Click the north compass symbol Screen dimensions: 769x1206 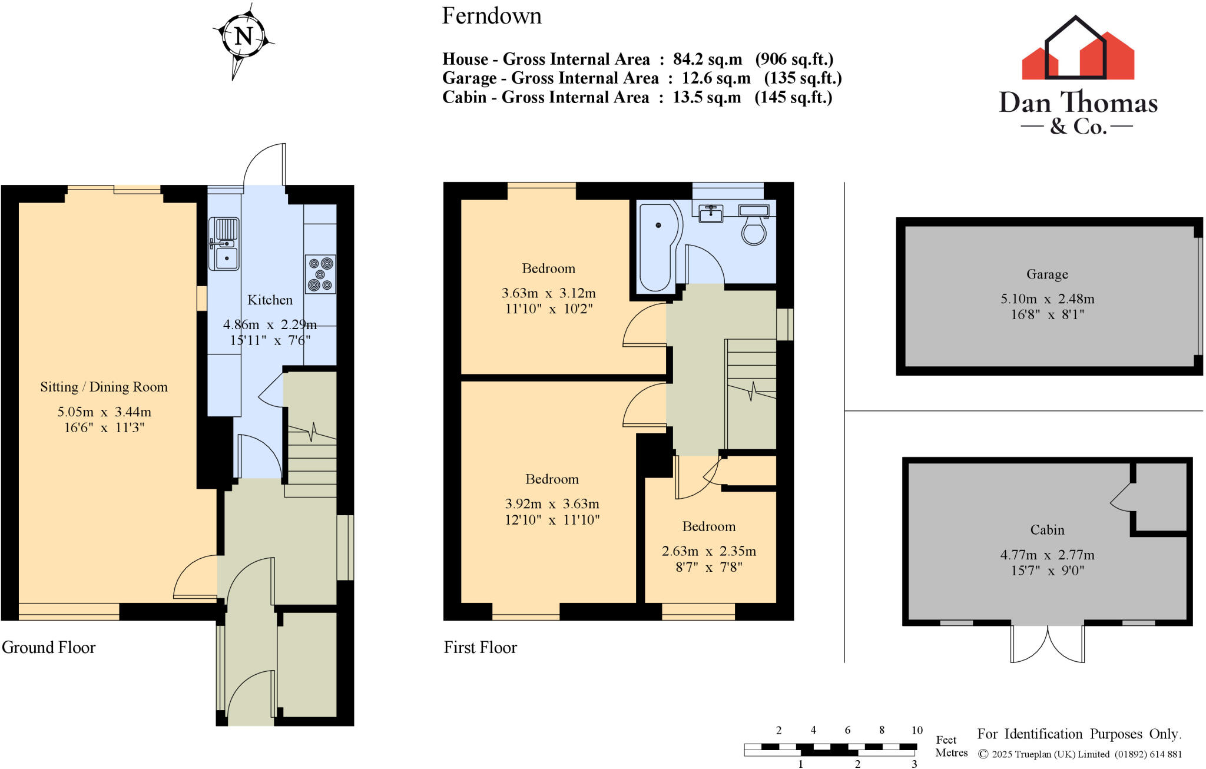click(x=243, y=37)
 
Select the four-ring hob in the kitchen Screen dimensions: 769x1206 click(x=320, y=274)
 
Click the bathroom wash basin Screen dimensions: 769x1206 click(x=711, y=214)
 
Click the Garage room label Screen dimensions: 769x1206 click(x=1047, y=274)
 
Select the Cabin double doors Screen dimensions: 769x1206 click(x=1048, y=644)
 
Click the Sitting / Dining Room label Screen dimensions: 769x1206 click(x=104, y=387)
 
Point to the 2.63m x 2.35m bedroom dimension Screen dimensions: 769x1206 click(x=708, y=552)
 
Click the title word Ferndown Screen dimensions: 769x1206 click(x=492, y=16)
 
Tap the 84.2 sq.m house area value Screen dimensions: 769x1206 click(x=707, y=59)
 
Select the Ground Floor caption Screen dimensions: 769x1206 click(x=49, y=648)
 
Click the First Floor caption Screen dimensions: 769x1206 click(x=481, y=648)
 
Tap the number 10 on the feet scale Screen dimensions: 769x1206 click(x=917, y=731)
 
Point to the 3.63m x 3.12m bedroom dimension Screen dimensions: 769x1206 click(x=548, y=293)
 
